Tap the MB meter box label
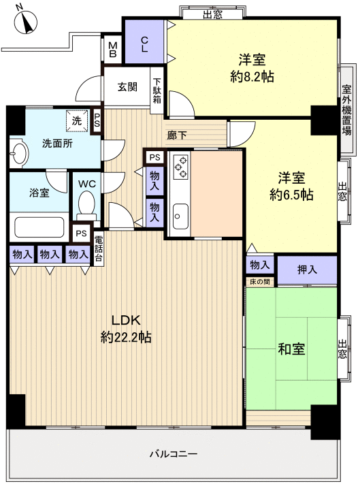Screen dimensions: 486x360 pos(112,51)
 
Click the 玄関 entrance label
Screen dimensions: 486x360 pos(127,86)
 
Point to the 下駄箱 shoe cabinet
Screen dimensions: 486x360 pos(157,90)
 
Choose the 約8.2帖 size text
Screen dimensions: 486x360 pos(252,77)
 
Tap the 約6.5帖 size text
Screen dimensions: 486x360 pos(291,195)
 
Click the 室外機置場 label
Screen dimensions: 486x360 pos(346,110)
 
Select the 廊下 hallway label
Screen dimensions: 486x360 pos(176,135)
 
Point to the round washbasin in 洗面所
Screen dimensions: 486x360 pos(18,152)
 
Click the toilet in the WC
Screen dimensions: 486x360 pos(86,204)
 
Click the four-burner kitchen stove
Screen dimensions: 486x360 pos(181,167)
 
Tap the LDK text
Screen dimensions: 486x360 pos(126,321)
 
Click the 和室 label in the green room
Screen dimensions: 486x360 pos(291,349)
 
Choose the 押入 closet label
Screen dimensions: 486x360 pos(307,270)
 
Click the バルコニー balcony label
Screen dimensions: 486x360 pos(174,453)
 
